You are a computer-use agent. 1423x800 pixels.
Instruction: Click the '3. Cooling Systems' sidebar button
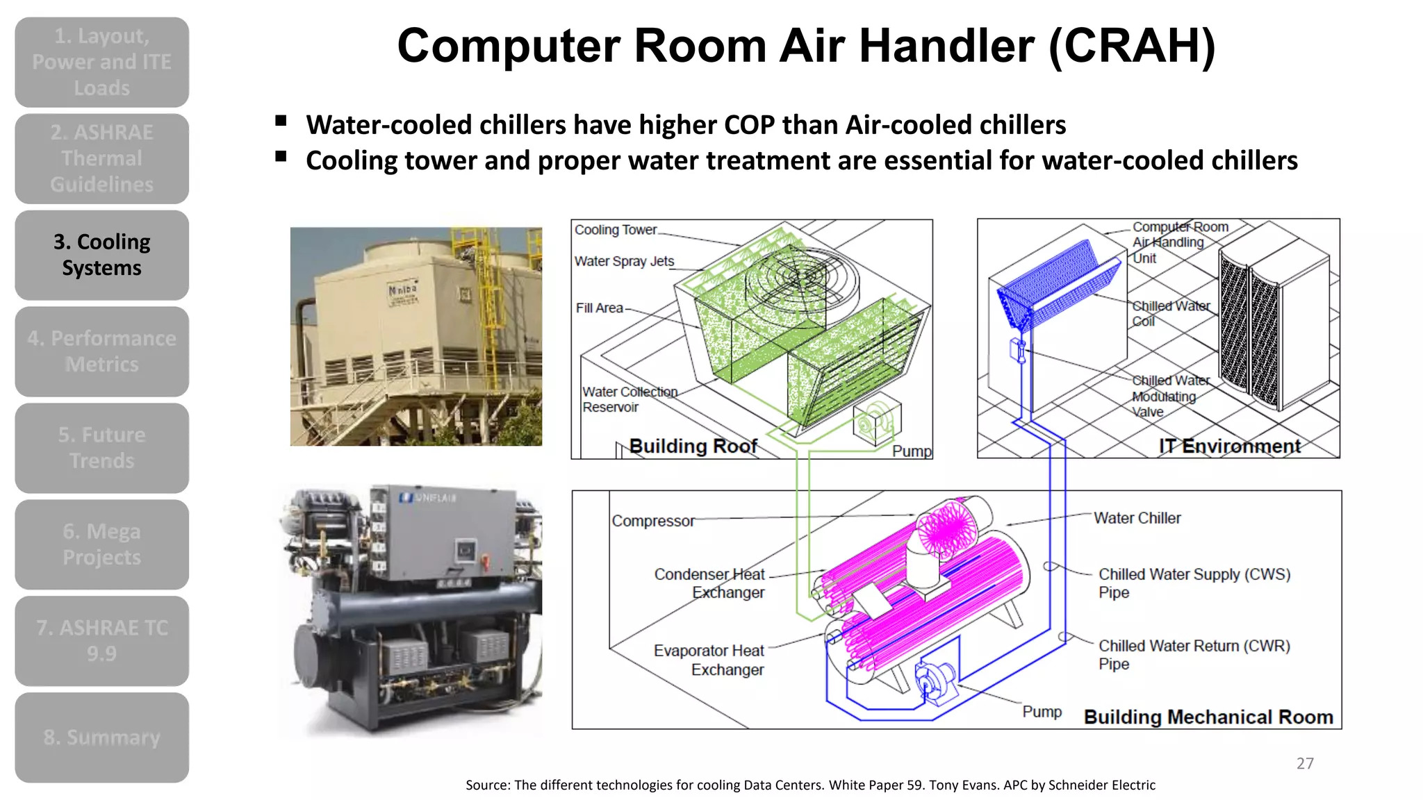point(101,255)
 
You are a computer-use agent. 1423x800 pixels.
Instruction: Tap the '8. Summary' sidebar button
point(101,737)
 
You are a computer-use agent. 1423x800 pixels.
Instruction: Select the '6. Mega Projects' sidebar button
point(101,544)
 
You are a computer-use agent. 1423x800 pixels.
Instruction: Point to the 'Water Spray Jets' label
point(624,261)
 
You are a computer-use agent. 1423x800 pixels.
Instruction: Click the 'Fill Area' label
point(599,308)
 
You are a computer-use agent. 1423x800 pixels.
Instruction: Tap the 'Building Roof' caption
point(693,446)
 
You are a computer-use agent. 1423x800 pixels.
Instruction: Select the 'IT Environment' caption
point(1229,446)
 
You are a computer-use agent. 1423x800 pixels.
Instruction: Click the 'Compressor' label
point(652,521)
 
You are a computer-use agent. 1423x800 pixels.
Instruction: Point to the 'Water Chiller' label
point(1137,518)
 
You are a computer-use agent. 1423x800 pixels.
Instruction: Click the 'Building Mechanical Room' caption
point(1208,717)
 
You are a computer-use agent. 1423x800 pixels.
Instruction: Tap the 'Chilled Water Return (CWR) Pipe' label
point(1193,654)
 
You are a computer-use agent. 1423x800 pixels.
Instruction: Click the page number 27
point(1305,763)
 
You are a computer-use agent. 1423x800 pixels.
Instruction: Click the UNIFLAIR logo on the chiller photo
point(428,497)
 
